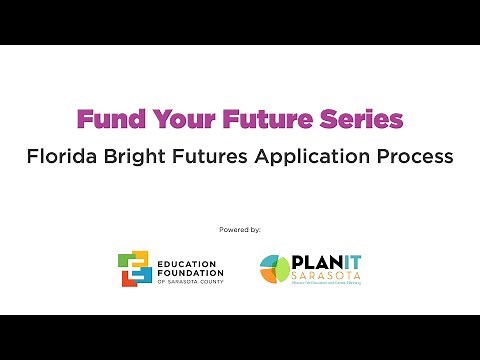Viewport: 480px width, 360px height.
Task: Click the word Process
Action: click(418, 157)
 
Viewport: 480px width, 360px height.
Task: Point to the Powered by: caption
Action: click(239, 230)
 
